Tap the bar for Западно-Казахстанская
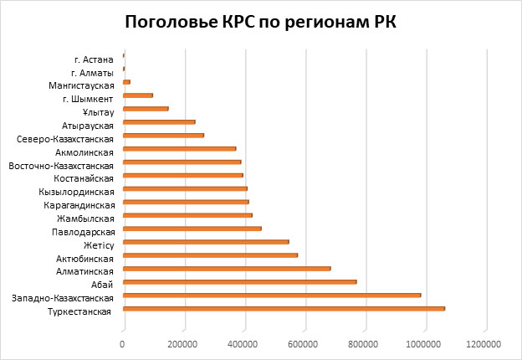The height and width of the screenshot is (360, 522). click(x=272, y=295)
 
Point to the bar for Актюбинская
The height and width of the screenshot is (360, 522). click(x=210, y=255)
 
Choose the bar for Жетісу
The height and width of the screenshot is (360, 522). click(x=206, y=241)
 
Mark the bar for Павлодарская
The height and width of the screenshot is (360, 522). click(x=192, y=228)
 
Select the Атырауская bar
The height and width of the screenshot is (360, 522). click(x=159, y=122)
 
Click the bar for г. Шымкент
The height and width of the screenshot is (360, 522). click(x=138, y=95)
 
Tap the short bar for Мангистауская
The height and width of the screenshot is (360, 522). click(x=126, y=82)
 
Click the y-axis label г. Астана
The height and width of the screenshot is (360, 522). click(x=94, y=59)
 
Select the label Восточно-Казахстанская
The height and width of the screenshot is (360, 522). click(x=60, y=166)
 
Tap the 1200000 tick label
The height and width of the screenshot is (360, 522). click(x=484, y=342)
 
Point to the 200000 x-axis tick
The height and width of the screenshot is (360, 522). click(x=183, y=342)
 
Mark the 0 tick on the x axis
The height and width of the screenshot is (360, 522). click(x=123, y=342)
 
